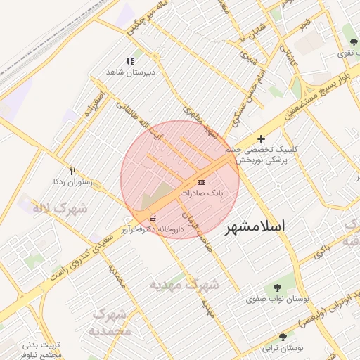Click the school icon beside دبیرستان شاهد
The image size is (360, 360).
pos(129,62)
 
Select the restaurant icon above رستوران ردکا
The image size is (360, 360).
pos(72,171)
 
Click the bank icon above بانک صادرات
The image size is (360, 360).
pos(202,182)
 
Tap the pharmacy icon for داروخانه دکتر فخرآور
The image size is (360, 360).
pos(154,219)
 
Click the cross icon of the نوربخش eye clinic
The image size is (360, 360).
pos(262,139)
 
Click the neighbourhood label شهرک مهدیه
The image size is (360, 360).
pos(185,285)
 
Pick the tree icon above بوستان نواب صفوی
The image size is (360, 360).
pos(276,288)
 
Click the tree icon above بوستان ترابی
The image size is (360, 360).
pos(283,337)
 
